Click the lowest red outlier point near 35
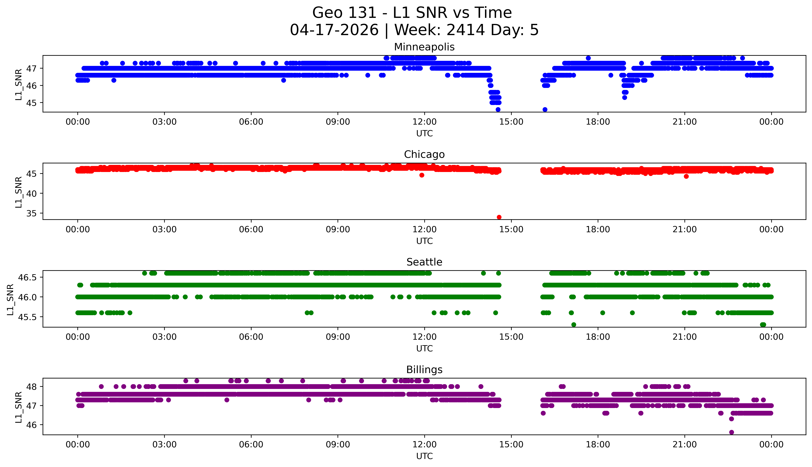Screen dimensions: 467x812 coord(499,217)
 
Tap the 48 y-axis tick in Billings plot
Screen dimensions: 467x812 coord(33,386)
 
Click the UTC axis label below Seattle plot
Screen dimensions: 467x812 coord(424,348)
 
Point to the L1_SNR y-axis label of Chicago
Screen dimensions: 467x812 coord(19,192)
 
